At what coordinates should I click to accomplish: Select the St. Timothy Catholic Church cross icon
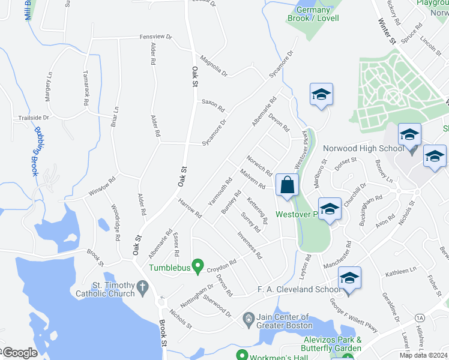click(142, 287)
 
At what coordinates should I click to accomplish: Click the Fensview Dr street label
click(155, 37)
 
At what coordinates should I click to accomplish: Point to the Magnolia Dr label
click(214, 65)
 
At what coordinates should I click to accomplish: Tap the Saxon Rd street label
click(212, 105)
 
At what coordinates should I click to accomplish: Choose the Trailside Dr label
click(33, 118)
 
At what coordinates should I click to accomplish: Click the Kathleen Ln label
click(401, 271)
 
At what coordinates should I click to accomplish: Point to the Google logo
click(20, 353)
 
